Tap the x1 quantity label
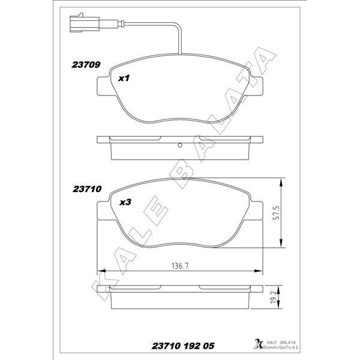pos(124,78)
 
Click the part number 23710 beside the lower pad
pos(86,188)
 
